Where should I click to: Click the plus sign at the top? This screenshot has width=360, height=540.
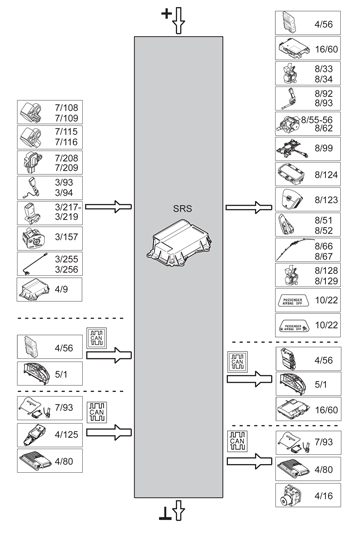166,13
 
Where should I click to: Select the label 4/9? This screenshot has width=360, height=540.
65,291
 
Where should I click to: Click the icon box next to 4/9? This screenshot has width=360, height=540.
35,291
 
